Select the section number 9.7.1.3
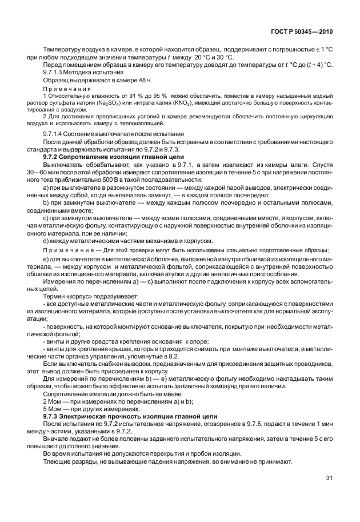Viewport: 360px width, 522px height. [x=57, y=72]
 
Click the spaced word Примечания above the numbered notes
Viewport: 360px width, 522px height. [x=67, y=89]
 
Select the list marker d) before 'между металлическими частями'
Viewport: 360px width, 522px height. [x=46, y=241]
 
